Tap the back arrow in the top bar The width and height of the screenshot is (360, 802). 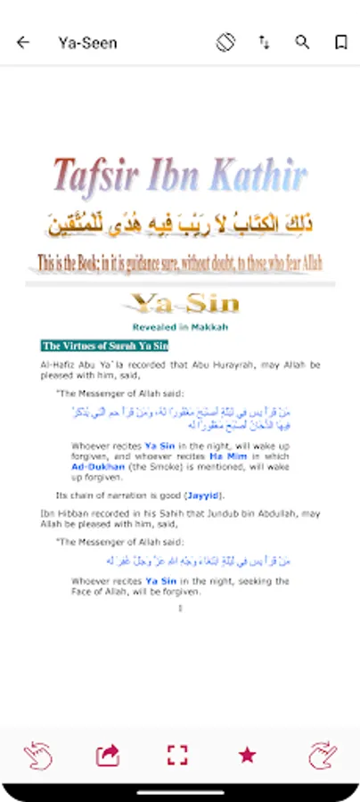coord(23,42)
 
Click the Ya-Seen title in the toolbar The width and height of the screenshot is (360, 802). coord(87,42)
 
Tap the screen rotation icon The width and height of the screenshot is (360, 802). coord(225,42)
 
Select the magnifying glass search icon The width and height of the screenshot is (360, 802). coord(302,42)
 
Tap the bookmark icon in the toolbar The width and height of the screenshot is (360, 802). coord(340,42)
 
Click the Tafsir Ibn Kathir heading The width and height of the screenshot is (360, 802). coord(180,176)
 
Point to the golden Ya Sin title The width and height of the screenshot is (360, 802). coord(184,303)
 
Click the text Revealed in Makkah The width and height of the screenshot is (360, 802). coord(180,327)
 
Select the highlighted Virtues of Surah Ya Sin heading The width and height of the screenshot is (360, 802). coord(104,346)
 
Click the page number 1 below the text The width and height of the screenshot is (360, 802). coord(180,608)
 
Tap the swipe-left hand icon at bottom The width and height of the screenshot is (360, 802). coord(37,755)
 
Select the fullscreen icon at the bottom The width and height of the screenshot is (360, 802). coord(178,755)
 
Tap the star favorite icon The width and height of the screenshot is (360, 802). coord(247,755)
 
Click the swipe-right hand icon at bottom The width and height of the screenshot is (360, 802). coord(323,755)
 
